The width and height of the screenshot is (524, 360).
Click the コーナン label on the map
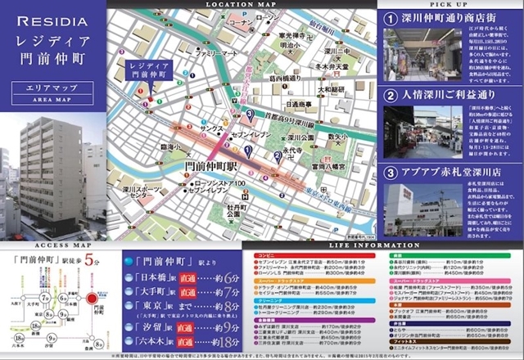[x=242, y=25]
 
